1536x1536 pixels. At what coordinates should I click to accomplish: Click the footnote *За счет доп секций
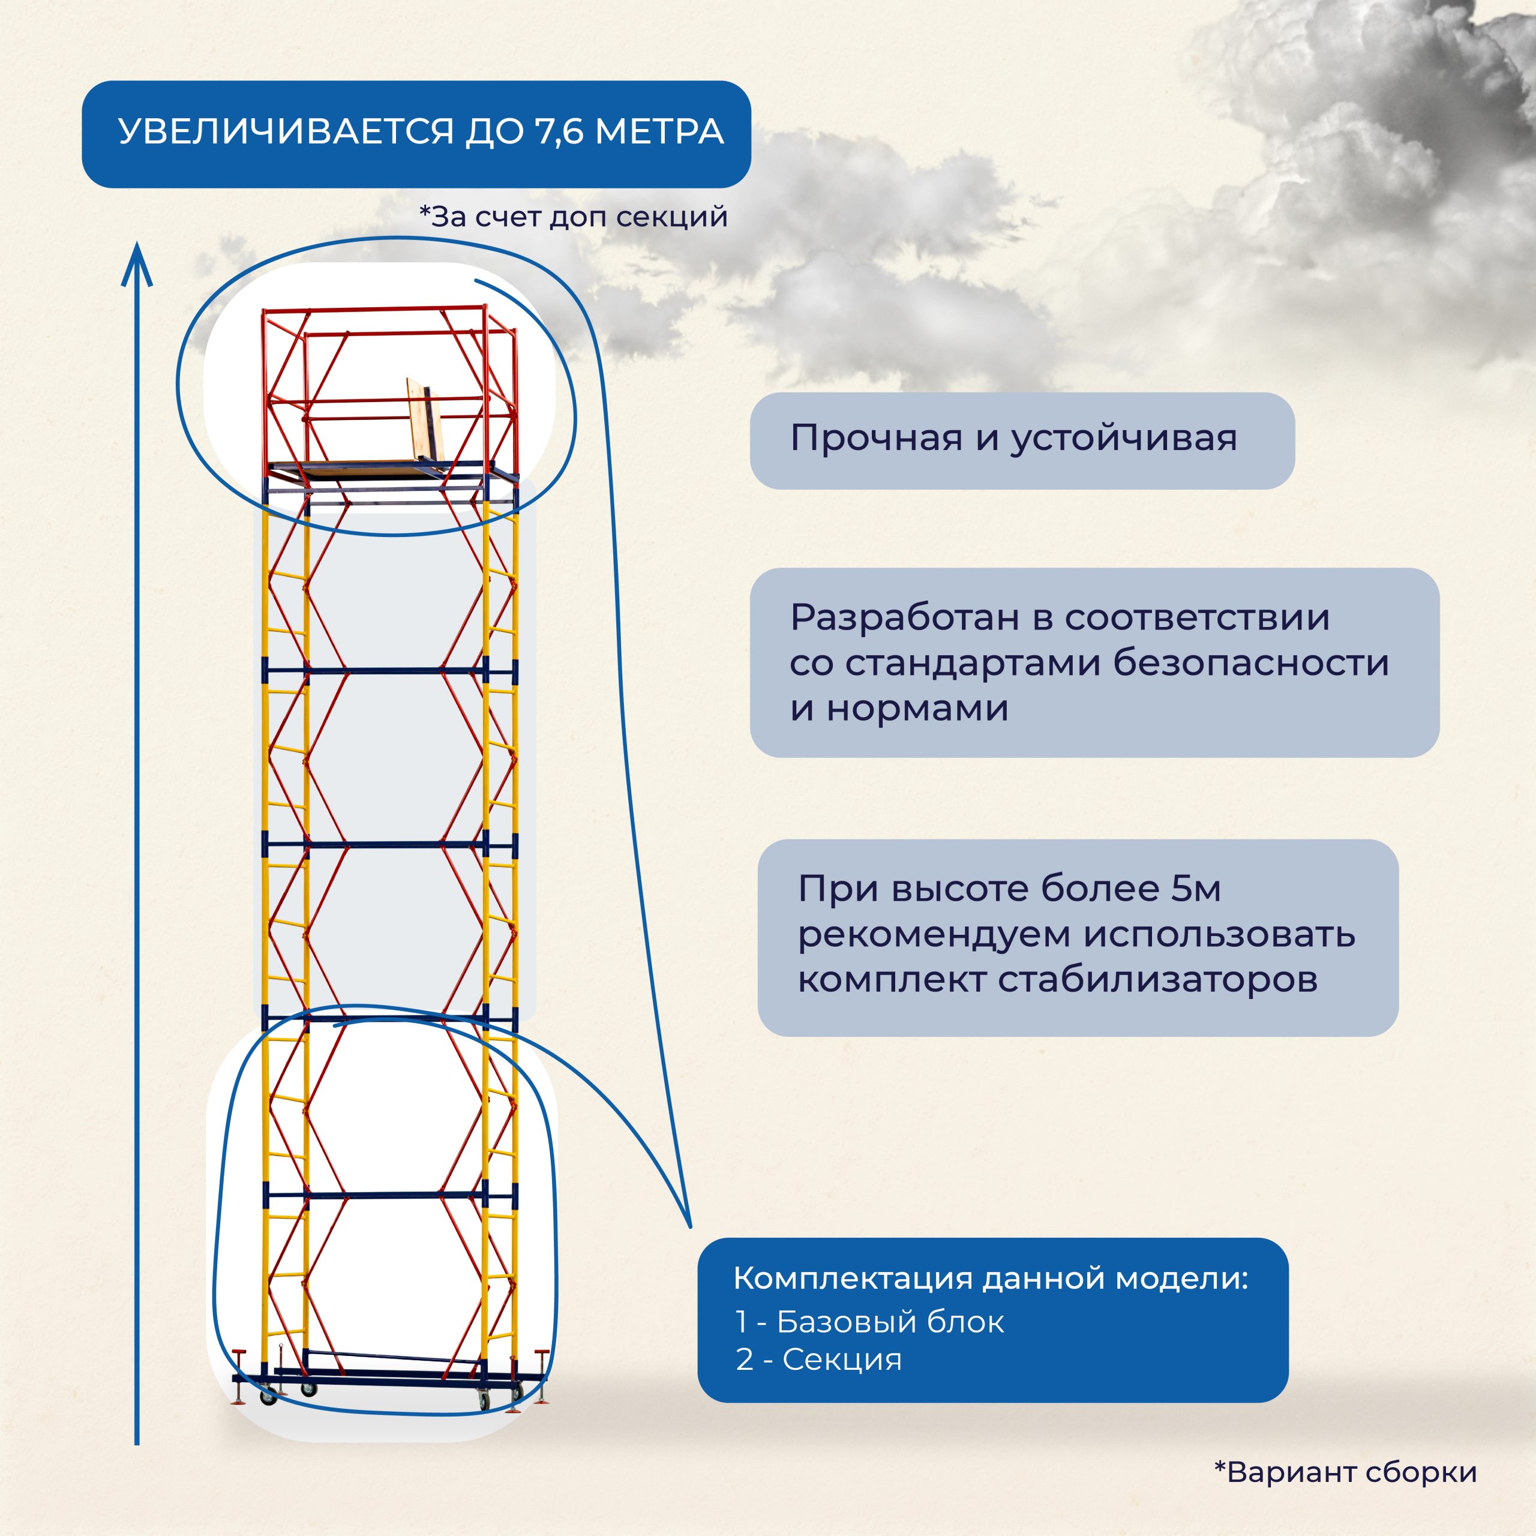573,216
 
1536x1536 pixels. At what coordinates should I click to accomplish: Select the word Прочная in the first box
875,438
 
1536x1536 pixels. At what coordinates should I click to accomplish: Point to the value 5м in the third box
1195,889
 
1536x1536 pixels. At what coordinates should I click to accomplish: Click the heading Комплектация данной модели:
990,1279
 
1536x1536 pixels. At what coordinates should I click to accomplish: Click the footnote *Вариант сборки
1345,1472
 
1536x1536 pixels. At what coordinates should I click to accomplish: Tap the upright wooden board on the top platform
424,418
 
